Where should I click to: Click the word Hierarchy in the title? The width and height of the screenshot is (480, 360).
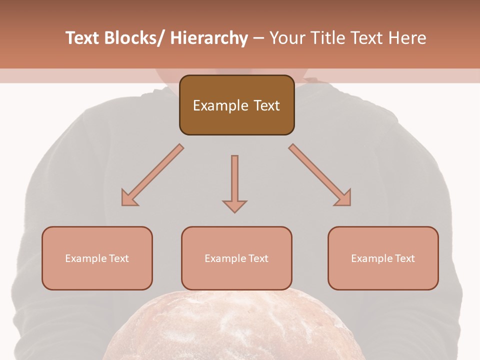pyautogui.click(x=209, y=38)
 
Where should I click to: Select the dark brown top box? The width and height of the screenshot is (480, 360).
pyautogui.click(x=236, y=105)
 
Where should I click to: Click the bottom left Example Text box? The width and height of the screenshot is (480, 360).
pyautogui.click(x=97, y=258)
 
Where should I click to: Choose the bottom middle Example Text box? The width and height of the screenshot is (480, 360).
pyautogui.click(x=236, y=258)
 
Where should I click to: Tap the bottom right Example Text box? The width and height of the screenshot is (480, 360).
pyautogui.click(x=383, y=258)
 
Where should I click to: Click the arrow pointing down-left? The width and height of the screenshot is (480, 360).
pyautogui.click(x=152, y=175)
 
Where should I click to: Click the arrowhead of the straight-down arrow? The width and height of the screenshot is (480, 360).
pyautogui.click(x=234, y=206)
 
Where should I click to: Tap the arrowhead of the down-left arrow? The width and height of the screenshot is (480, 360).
pyautogui.click(x=128, y=198)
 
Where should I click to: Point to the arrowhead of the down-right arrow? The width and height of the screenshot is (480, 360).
pyautogui.click(x=344, y=198)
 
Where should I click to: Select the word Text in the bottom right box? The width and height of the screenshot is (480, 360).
pyautogui.click(x=404, y=258)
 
